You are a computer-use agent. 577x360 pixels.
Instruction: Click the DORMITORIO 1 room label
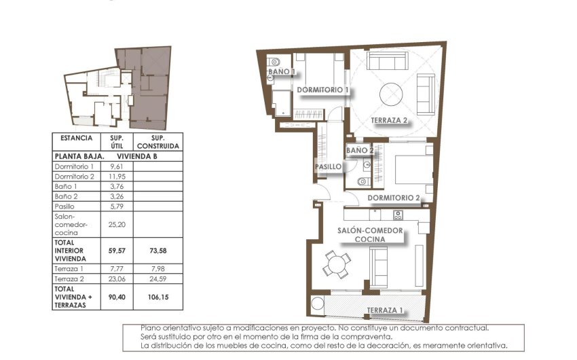point(322,90)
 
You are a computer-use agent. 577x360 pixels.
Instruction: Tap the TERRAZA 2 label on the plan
point(389,121)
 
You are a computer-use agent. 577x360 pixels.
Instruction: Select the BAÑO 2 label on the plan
point(360,150)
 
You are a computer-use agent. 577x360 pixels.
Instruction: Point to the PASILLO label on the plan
point(327,166)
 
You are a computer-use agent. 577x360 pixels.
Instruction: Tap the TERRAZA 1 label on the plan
point(385,310)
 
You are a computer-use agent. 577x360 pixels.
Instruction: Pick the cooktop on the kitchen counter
point(398,215)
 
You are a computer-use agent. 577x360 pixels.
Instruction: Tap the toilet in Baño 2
point(362,181)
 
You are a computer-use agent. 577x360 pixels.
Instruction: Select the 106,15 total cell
point(157,297)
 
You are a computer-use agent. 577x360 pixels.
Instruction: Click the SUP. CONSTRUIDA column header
point(157,141)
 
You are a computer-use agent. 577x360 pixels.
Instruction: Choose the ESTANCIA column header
point(76,138)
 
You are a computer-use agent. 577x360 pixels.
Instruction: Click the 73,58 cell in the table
point(157,250)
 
